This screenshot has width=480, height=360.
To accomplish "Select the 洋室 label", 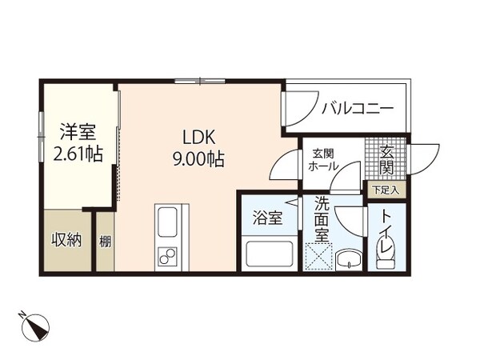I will point(78,130).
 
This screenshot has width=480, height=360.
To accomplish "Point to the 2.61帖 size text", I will point(78,153).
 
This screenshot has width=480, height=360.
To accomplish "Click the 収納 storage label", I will point(67,241).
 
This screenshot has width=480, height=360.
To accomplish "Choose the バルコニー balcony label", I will point(357,107).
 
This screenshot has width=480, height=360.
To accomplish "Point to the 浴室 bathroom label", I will point(267,218).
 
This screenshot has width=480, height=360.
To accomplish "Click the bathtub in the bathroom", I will point(268,254).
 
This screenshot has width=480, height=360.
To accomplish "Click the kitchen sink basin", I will point(169,222).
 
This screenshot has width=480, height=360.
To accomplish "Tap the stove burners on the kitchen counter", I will point(169,256).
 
